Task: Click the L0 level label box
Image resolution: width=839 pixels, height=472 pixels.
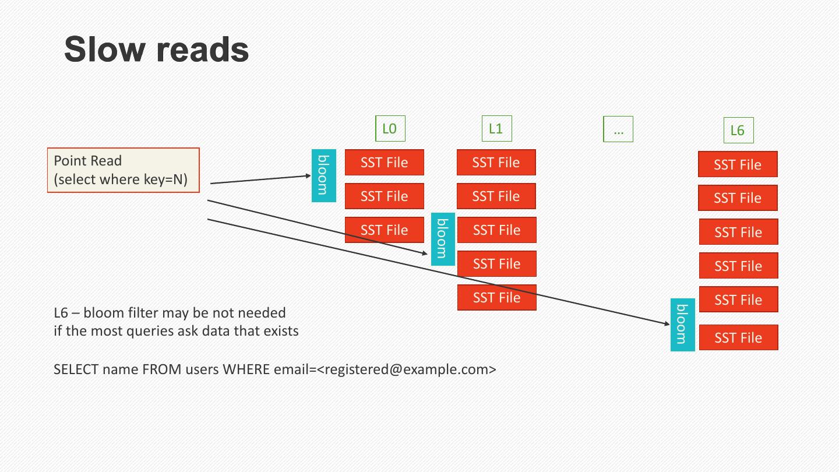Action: tap(390, 129)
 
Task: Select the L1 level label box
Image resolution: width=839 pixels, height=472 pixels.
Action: tap(496, 129)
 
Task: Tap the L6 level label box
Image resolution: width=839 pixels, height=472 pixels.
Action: tap(738, 131)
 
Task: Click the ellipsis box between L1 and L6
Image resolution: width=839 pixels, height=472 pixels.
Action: tap(618, 129)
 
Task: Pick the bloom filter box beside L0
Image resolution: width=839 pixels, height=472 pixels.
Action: tap(323, 175)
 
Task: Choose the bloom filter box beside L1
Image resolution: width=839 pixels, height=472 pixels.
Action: tap(443, 239)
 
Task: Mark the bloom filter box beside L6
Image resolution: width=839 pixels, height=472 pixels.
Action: tap(683, 325)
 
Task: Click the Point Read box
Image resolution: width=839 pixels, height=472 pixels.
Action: tap(123, 170)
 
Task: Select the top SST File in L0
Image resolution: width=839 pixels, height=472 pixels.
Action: tap(384, 163)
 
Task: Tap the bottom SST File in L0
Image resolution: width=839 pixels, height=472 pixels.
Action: tap(384, 230)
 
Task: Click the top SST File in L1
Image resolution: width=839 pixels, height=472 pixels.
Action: tap(496, 163)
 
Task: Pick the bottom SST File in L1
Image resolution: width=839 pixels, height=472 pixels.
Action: tap(496, 297)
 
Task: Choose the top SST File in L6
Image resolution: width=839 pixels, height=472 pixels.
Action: tap(738, 164)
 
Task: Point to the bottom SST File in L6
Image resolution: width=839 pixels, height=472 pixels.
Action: tap(738, 337)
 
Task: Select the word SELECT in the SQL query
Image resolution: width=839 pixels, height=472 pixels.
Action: tap(75, 369)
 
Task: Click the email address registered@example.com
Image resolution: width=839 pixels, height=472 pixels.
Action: tap(407, 369)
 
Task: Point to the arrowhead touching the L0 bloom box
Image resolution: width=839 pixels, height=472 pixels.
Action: tap(309, 175)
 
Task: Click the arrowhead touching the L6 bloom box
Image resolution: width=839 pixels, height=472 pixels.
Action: tap(667, 323)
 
